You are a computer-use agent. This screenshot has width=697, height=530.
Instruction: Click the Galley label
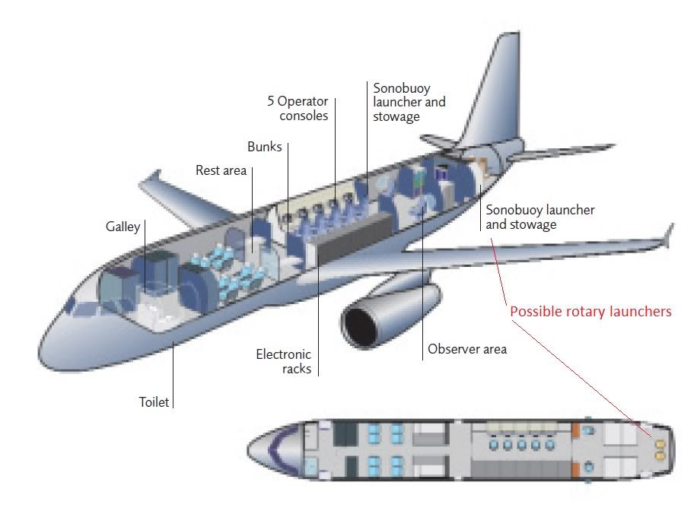click(123, 227)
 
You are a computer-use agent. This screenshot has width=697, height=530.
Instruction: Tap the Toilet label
click(154, 402)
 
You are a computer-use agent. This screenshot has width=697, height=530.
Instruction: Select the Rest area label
click(221, 170)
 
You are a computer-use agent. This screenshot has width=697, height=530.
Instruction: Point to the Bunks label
click(265, 147)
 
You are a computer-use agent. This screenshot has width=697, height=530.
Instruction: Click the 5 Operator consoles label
click(298, 109)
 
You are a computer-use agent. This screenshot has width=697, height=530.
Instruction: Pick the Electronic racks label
click(284, 361)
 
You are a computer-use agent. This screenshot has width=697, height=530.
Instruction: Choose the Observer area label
click(467, 349)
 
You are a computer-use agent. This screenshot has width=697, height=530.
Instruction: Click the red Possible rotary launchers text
click(590, 312)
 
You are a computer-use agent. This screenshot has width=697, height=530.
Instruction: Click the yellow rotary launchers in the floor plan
click(660, 449)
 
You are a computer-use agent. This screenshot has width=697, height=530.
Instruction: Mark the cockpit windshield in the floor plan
click(275, 449)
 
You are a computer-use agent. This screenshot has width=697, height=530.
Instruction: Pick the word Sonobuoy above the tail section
click(402, 88)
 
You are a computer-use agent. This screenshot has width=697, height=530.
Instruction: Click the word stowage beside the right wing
click(533, 225)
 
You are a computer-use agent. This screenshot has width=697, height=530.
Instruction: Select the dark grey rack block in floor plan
click(520, 470)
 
